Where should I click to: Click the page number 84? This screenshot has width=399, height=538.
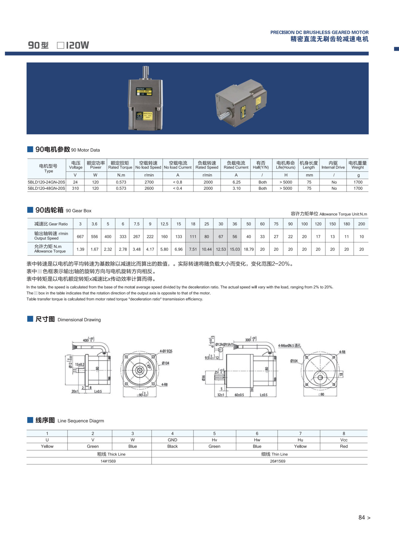(x=362, y=517)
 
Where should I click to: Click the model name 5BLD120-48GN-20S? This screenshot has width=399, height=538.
(x=46, y=188)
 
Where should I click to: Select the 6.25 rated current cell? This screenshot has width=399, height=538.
(x=236, y=182)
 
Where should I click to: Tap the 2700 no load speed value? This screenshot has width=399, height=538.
(x=149, y=182)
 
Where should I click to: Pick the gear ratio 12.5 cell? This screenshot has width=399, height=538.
(x=164, y=224)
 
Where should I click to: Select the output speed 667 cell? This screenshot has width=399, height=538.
(x=80, y=237)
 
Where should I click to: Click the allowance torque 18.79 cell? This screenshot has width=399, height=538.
(x=248, y=249)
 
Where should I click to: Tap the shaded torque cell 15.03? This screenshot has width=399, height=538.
(x=235, y=249)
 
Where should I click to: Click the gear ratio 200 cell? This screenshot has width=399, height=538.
(x=361, y=224)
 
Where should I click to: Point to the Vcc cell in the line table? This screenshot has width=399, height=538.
(x=344, y=440)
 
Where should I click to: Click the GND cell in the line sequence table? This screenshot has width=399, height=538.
(x=172, y=440)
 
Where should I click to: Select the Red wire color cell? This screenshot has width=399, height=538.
(x=344, y=446)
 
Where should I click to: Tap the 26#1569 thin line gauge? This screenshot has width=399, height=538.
(x=277, y=461)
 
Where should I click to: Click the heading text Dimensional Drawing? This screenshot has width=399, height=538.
(x=79, y=320)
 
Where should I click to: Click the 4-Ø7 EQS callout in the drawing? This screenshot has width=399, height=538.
(x=166, y=351)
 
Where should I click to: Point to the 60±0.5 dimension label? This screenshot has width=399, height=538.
(x=239, y=395)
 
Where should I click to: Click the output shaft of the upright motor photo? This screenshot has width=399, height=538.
(x=146, y=72)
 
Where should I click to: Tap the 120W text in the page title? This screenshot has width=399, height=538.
(x=77, y=45)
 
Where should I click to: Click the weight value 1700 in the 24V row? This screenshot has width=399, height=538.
(x=358, y=182)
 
